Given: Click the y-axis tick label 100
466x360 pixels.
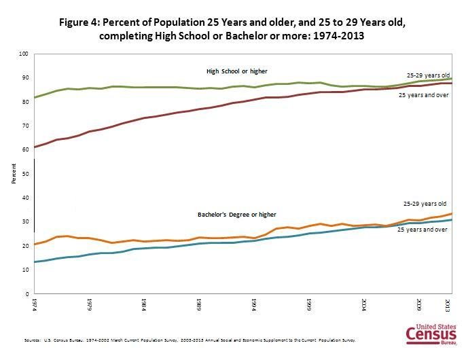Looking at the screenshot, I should [x=24, y=54].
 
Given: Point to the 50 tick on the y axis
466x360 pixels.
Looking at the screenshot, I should [x=26, y=174].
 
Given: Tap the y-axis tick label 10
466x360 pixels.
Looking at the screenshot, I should [x=26, y=270].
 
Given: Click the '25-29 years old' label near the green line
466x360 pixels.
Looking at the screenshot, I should [x=428, y=74].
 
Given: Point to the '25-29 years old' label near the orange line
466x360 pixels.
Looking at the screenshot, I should [x=425, y=203].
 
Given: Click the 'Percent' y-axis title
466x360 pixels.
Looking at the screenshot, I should [x=13, y=174].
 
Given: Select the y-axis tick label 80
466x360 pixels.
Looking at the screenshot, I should [x=26, y=102].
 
